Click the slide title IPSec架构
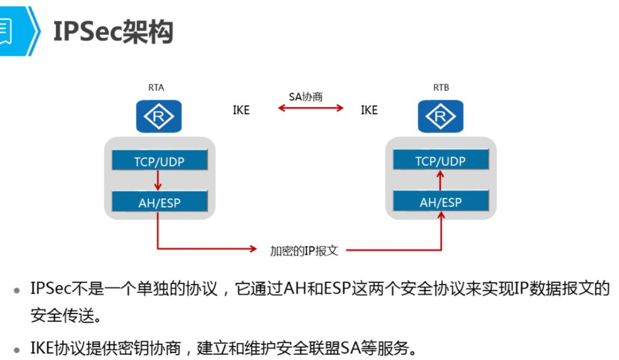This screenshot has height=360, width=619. (x=113, y=31)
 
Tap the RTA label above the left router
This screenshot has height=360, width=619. (x=156, y=88)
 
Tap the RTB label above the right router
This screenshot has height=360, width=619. (x=441, y=88)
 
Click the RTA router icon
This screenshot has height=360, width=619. (x=159, y=116)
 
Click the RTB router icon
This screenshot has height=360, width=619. (x=441, y=116)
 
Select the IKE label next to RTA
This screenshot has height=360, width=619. (x=241, y=111)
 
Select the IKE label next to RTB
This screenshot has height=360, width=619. (x=369, y=111)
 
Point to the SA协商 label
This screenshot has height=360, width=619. (x=306, y=97)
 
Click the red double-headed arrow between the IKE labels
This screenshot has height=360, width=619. (x=311, y=108)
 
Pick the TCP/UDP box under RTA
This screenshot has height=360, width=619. (x=159, y=160)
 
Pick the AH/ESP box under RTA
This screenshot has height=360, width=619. (x=159, y=202)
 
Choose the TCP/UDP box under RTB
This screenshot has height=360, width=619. (x=441, y=159)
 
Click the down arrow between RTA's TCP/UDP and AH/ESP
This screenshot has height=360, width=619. (x=158, y=181)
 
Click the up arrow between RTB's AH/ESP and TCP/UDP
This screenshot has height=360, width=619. (x=441, y=180)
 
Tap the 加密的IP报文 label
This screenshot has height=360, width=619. (x=304, y=251)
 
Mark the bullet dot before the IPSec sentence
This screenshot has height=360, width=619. (x=17, y=291)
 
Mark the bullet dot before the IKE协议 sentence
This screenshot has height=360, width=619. (x=17, y=350)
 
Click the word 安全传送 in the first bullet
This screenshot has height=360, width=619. (x=62, y=316)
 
